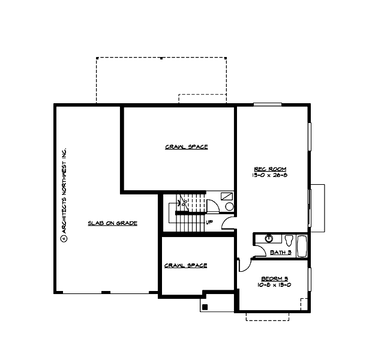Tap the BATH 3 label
pos(280,253)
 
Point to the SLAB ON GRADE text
pos(113,223)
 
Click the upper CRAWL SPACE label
pos(178,146)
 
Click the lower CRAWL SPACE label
pos(185,265)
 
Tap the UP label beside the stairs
pos(209,222)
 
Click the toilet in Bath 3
pos(289,241)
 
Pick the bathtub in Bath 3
pos(302,245)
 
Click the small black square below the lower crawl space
pos(205,307)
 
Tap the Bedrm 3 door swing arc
pos(245,264)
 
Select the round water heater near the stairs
pos(229,206)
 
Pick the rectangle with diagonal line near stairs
pos(227,196)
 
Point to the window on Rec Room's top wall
pos(267,104)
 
